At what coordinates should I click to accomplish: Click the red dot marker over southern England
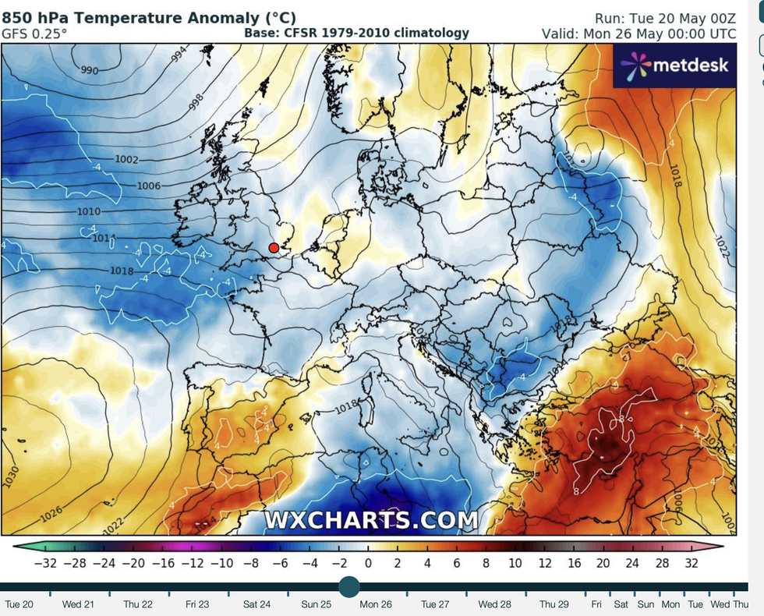pos(274,248)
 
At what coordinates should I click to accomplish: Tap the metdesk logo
pos(675,64)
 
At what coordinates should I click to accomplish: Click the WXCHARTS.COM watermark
pos(371,520)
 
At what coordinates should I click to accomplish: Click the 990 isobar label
pos(90,71)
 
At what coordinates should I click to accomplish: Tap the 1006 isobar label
pos(148,186)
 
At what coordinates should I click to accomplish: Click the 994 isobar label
pos(179,55)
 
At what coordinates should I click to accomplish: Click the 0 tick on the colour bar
pos(368,562)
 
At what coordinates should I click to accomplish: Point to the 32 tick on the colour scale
pos(690,562)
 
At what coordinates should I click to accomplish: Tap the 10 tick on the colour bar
pos(515,562)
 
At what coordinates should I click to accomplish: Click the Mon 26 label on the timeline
pos(375,604)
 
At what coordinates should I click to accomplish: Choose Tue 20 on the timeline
pos(19,604)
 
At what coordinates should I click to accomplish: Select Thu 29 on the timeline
pos(554,604)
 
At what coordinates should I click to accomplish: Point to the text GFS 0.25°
pos(34,34)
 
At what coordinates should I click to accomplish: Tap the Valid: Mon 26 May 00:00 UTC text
pos(639,34)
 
